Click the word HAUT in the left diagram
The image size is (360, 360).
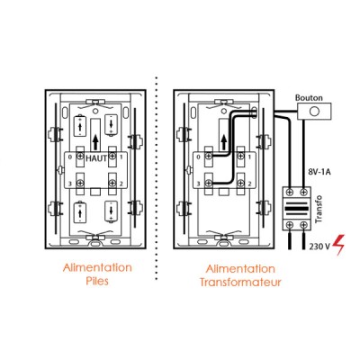(96, 158)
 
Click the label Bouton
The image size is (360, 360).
(309, 98)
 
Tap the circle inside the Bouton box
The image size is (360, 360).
(314, 112)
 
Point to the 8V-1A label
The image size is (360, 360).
(319, 173)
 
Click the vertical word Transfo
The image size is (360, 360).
(319, 209)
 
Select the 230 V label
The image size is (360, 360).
(319, 247)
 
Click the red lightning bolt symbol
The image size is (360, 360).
(338, 245)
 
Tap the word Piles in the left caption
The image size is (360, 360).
(97, 282)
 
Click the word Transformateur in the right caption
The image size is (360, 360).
(240, 283)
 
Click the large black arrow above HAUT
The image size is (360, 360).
(95, 142)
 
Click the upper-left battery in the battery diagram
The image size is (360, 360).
(80, 125)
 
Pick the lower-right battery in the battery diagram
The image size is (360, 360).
(111, 211)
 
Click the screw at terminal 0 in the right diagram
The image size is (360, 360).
(209, 157)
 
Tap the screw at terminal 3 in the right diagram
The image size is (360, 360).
(209, 183)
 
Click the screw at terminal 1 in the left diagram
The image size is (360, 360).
(112, 156)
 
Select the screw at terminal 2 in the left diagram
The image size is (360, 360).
(112, 183)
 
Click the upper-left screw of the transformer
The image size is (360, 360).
(290, 192)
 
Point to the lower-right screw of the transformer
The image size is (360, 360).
(304, 224)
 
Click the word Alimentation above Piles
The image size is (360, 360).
(97, 267)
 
